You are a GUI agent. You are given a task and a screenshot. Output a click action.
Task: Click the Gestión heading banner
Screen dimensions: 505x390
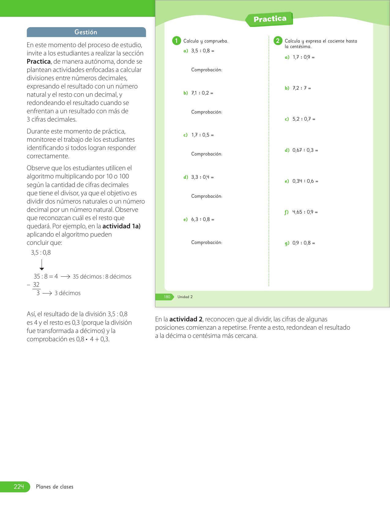pos(86,32)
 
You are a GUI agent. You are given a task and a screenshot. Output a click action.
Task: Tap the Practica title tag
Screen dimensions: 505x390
pos(270,19)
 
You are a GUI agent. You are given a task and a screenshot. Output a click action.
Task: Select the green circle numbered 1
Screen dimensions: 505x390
pos(176,41)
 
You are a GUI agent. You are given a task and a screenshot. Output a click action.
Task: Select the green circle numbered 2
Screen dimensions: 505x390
pos(278,41)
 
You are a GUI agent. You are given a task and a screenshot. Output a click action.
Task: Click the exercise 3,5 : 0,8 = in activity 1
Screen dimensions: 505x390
pos(202,51)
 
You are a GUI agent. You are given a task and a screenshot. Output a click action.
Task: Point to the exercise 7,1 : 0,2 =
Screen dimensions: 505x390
pos(202,93)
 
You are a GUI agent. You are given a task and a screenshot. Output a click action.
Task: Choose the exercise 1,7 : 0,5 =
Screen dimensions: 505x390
pos(202,135)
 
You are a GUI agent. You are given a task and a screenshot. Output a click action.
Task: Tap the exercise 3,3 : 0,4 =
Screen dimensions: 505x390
pos(202,177)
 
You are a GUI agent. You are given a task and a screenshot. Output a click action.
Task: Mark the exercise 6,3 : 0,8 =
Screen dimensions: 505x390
pos(202,219)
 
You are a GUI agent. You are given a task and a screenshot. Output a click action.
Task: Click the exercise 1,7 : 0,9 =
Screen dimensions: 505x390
pos(303,57)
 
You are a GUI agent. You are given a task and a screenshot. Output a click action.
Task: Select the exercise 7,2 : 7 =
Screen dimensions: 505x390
pos(302,88)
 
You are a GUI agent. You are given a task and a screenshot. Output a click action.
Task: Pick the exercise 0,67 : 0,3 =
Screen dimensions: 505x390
pos(305,150)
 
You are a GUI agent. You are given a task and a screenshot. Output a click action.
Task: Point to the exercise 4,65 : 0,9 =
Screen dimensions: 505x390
pos(305,212)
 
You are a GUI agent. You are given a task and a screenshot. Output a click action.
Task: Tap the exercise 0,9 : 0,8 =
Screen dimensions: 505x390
pos(303,243)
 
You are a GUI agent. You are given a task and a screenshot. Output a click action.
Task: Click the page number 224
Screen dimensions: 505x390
pos(19,487)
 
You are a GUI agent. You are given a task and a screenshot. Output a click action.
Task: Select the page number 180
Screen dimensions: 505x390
pos(167,297)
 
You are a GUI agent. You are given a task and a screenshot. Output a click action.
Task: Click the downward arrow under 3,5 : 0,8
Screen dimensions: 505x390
pos(42,265)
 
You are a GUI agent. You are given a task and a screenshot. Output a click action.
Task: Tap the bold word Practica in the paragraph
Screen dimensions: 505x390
pos(39,62)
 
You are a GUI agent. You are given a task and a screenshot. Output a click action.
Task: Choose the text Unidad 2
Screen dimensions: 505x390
pos(185,297)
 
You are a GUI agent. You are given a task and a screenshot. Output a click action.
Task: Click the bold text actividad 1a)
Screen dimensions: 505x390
pos(121,226)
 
